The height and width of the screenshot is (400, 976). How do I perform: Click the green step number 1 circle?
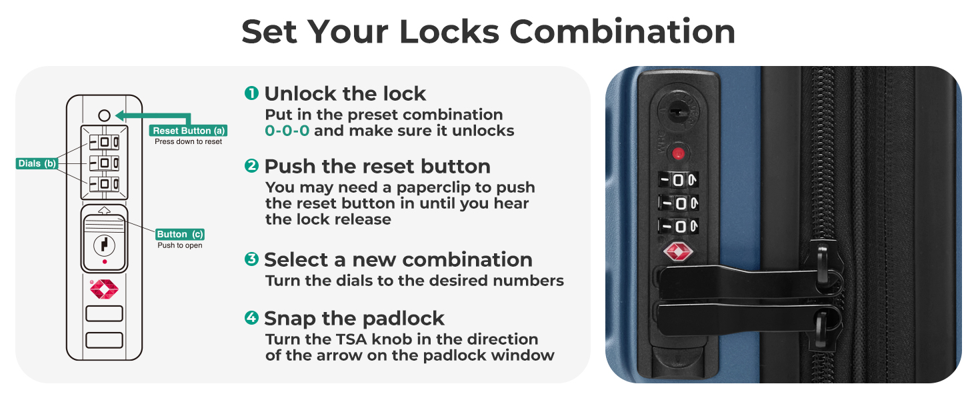coord(251,93)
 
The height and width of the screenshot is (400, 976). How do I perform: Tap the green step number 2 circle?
coord(251,165)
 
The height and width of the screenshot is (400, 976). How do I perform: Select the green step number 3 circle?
coord(251,259)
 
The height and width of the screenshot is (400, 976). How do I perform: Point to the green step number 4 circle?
coord(251,317)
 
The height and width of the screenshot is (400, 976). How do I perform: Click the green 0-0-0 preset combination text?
coord(287,131)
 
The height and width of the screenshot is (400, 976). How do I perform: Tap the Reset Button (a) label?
coord(188,131)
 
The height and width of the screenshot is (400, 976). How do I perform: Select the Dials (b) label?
coord(37,163)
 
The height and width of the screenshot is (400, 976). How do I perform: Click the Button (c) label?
coord(180,235)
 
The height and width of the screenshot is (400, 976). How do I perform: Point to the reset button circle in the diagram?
coord(104,115)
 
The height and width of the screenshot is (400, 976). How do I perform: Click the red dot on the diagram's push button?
coord(105,262)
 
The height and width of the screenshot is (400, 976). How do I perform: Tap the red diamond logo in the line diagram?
coord(104,289)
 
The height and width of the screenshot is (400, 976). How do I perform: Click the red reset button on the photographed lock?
coord(679,153)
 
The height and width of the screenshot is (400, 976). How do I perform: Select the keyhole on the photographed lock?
coord(676,112)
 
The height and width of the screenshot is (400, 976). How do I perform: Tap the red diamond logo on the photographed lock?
coord(678,252)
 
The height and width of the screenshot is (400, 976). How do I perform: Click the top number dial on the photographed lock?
coord(679,180)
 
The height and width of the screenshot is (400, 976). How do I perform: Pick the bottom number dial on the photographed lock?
coord(679,226)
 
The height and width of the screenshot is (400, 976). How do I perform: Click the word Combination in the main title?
coord(622,31)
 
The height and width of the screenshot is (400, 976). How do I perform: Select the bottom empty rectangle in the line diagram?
coord(104,340)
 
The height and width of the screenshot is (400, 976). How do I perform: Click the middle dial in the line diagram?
coord(104,163)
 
